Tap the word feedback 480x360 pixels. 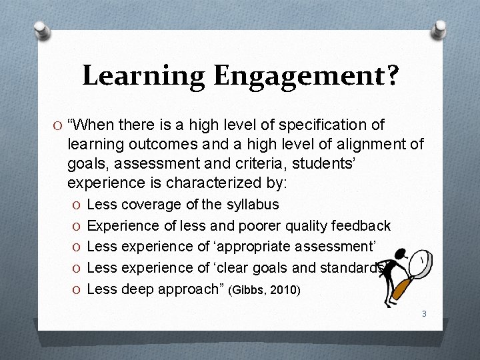(x=363, y=226)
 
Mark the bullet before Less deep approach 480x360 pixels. (x=78, y=289)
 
